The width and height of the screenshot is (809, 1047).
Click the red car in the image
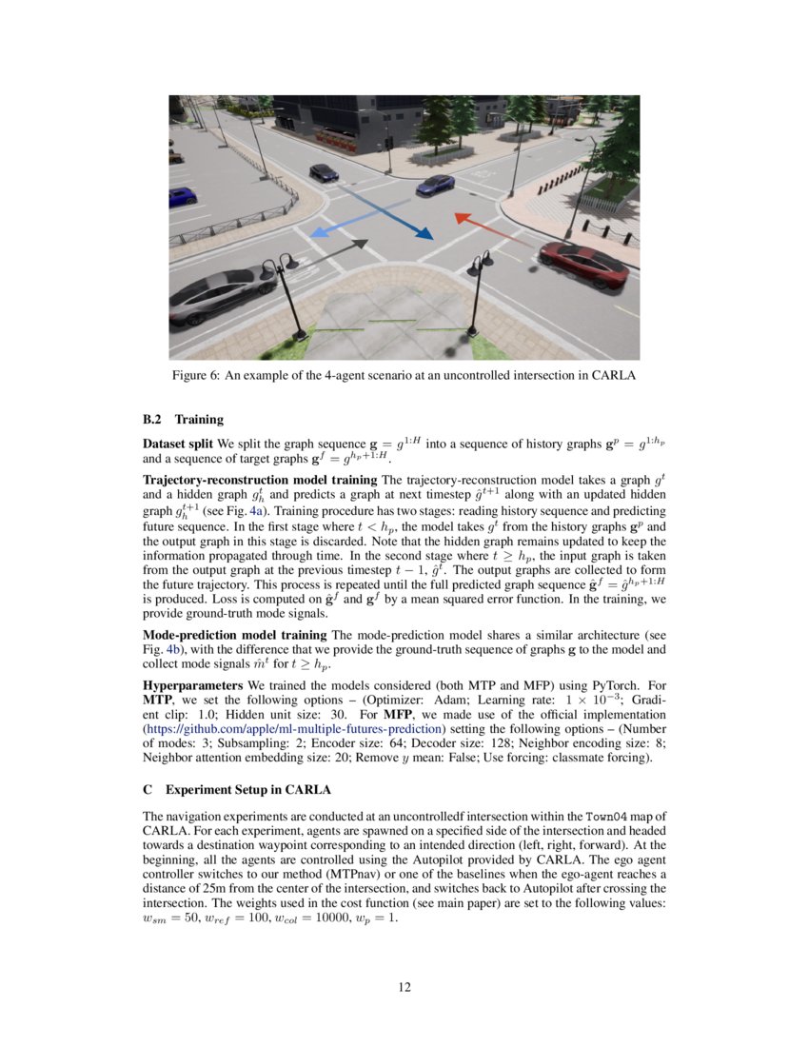coord(583,264)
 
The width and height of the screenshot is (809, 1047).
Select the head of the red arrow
coord(460,218)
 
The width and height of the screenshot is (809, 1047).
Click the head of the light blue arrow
coord(319,232)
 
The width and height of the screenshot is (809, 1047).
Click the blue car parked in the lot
coord(181,196)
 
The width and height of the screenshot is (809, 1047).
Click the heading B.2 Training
coord(183,418)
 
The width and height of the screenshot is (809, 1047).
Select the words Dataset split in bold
coord(177,444)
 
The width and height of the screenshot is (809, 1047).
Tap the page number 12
coord(404,987)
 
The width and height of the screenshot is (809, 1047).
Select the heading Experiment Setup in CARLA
coord(247,790)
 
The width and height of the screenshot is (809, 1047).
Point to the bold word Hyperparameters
coord(193,685)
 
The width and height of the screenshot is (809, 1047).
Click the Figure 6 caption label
coord(195,376)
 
